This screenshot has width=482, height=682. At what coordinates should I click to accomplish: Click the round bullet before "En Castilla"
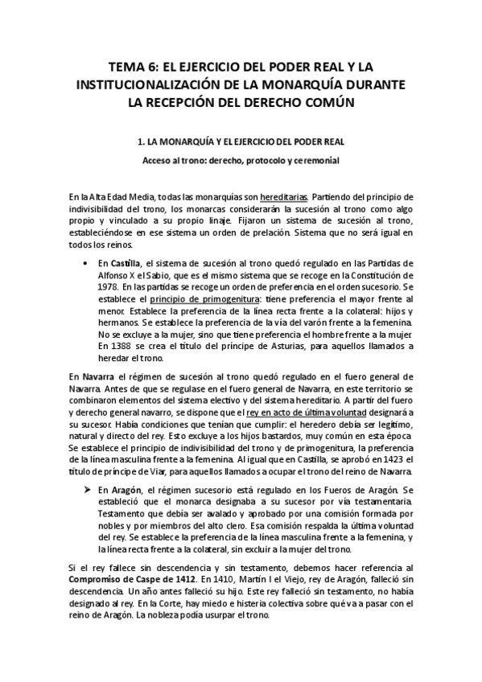point(85,263)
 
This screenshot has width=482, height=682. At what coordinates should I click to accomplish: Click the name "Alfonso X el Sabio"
point(129,275)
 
